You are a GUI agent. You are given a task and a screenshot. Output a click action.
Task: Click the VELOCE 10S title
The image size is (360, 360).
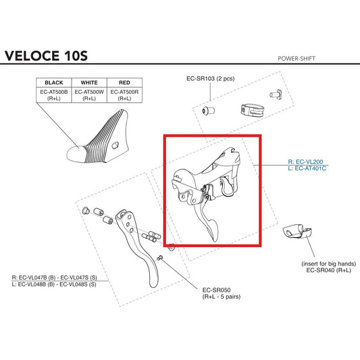46,56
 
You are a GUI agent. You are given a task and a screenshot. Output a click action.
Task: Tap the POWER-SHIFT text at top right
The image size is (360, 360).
297,59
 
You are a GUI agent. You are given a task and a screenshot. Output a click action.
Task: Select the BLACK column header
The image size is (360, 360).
54,82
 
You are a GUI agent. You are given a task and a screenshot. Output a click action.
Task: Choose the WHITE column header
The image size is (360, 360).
89,82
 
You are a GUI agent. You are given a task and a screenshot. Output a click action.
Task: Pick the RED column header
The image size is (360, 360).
124,82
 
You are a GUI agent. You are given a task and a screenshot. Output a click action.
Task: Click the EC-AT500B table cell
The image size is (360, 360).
54,95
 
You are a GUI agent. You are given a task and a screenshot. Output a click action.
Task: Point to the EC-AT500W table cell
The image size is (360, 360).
89,95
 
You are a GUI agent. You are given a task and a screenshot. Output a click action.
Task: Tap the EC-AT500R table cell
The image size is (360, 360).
124,95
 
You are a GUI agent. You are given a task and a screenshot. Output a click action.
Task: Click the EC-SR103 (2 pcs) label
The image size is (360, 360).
210,79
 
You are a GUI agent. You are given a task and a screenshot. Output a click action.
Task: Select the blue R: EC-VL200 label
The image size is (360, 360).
305,161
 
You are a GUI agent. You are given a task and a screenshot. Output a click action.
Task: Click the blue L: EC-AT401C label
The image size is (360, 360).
307,168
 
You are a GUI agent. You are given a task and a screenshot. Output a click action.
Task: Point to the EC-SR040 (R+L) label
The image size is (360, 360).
328,270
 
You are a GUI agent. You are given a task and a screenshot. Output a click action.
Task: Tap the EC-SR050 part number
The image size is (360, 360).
216,290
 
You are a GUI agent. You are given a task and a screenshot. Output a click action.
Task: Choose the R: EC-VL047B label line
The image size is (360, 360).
55,278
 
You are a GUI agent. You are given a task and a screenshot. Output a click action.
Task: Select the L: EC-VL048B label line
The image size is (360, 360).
54,284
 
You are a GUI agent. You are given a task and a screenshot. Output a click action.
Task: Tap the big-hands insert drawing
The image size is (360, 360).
297,232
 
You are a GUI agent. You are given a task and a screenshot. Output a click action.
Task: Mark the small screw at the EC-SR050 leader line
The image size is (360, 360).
160,258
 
